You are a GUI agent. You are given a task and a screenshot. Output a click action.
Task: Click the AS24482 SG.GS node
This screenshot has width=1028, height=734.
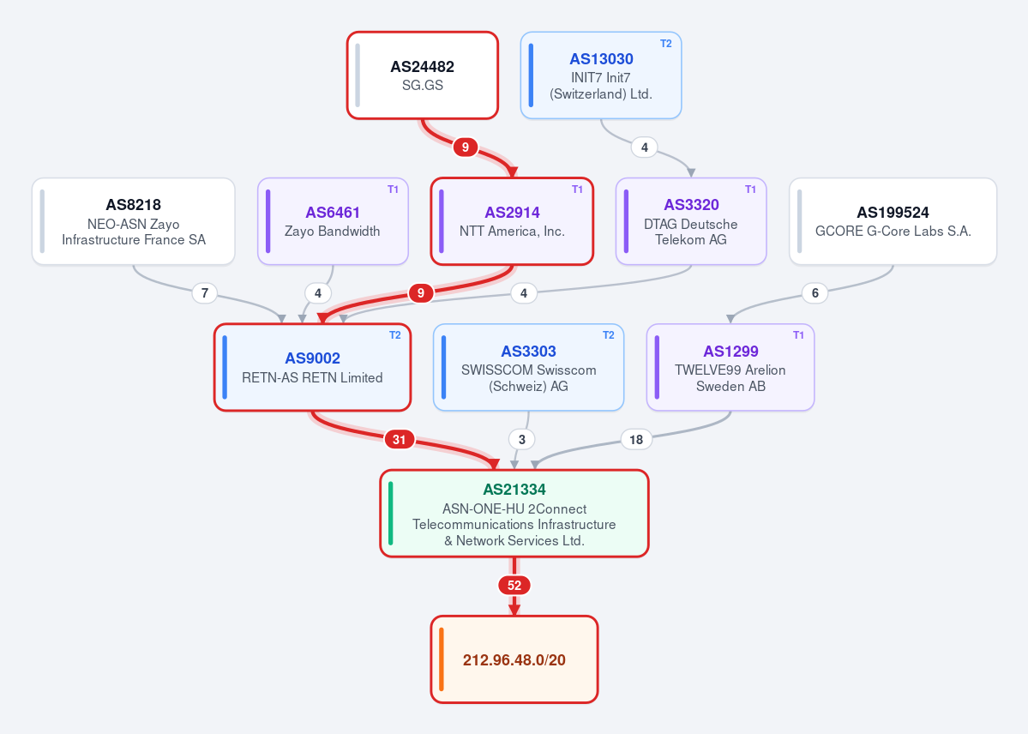pyautogui.click(x=422, y=75)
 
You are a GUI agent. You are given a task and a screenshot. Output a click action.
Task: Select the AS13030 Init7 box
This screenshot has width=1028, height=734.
pyautogui.click(x=600, y=75)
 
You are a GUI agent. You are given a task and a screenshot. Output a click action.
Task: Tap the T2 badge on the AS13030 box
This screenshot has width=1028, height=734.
pyautogui.click(x=665, y=44)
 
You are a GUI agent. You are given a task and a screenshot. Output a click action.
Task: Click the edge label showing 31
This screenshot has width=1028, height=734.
pyautogui.click(x=400, y=440)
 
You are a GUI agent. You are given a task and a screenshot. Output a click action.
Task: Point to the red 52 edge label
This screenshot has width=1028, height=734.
pyautogui.click(x=514, y=585)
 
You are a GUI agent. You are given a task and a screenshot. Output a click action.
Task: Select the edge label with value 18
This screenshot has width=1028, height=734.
pyautogui.click(x=636, y=440)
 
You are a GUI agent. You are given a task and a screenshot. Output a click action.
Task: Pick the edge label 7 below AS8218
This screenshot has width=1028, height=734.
pyautogui.click(x=205, y=293)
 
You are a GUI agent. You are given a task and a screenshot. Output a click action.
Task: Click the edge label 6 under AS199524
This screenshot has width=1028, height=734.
pyautogui.click(x=815, y=293)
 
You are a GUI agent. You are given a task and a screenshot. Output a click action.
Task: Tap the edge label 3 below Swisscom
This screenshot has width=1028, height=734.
pyautogui.click(x=522, y=440)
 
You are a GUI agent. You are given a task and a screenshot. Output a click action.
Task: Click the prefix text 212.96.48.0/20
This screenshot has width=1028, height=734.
pyautogui.click(x=514, y=660)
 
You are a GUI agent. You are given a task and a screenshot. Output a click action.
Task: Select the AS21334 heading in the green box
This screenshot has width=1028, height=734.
pyautogui.click(x=514, y=490)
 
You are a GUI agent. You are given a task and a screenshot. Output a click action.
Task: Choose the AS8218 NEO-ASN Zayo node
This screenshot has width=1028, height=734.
pyautogui.click(x=133, y=222)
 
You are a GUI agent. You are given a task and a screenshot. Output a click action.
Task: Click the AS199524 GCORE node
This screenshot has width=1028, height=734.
pyautogui.click(x=893, y=222)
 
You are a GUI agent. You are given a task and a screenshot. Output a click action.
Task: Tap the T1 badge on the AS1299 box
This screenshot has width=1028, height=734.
pyautogui.click(x=798, y=335)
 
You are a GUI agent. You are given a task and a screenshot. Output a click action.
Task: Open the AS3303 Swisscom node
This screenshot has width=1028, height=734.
pyautogui.click(x=528, y=367)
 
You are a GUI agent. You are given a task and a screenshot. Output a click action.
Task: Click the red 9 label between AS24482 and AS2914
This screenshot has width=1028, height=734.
pyautogui.click(x=465, y=147)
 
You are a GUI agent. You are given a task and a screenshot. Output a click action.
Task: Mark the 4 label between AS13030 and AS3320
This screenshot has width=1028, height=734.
pyautogui.click(x=645, y=147)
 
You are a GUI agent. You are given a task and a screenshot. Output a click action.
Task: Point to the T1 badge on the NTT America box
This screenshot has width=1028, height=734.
pyautogui.click(x=577, y=190)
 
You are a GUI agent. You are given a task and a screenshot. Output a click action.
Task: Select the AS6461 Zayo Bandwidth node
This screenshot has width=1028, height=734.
pyautogui.click(x=333, y=222)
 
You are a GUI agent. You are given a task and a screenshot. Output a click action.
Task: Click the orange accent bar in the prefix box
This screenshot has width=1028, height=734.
pyautogui.click(x=442, y=659)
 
